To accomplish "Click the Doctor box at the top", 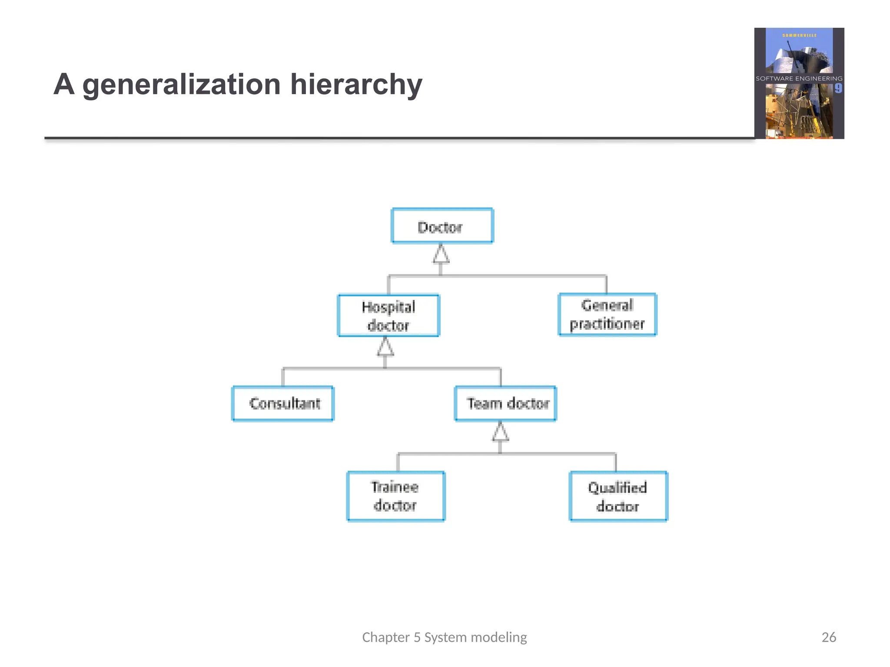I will click(442, 226).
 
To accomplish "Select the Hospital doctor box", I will click(389, 316).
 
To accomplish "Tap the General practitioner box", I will click(607, 315).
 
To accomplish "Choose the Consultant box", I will click(283, 403).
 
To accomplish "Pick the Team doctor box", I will click(505, 403).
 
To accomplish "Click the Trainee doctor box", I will click(396, 496).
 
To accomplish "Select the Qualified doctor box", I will click(618, 496).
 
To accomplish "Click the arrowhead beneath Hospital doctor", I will click(385, 347).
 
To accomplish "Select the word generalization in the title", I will click(182, 85).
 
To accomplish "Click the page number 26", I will click(829, 637).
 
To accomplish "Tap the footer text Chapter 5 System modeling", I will click(444, 637).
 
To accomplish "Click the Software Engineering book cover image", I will click(799, 83).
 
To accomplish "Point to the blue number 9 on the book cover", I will click(838, 88).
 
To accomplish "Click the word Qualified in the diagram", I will click(617, 488).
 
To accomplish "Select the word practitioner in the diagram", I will click(607, 324).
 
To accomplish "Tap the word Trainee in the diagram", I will click(395, 487).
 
